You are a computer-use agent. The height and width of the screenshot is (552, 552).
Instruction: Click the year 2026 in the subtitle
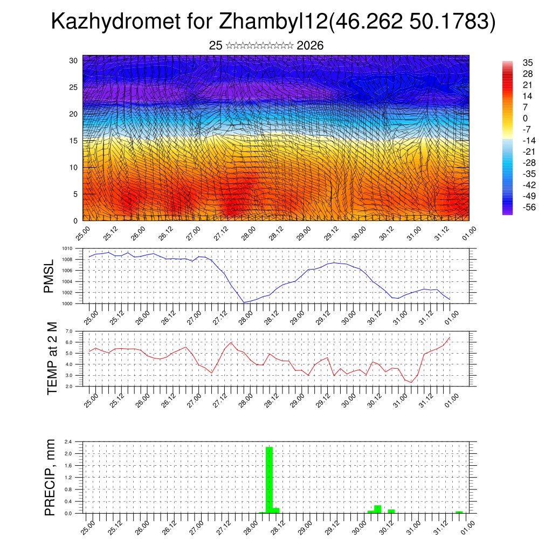pos(310,45)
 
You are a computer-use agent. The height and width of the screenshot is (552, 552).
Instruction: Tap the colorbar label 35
pos(528,63)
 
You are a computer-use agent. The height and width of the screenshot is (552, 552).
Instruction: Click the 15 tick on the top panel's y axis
pos(74,141)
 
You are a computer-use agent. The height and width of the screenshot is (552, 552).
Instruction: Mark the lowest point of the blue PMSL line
pos(244,302)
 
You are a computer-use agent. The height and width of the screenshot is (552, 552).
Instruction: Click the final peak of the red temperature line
pos(450,337)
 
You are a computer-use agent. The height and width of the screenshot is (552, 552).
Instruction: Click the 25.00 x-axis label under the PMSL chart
pos(91,316)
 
